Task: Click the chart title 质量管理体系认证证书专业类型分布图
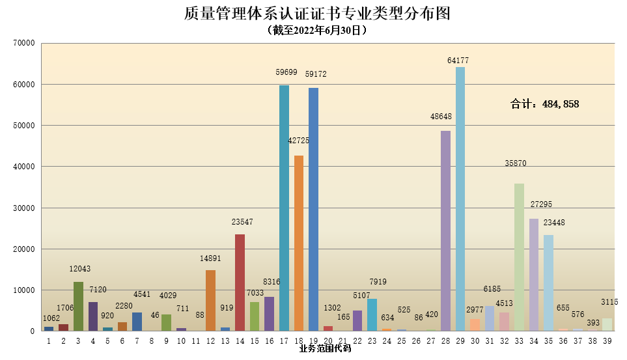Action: (x=317, y=14)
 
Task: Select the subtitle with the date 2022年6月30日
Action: (x=316, y=30)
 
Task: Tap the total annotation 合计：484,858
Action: (x=544, y=104)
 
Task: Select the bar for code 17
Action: (x=284, y=208)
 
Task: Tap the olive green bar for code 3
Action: (x=78, y=306)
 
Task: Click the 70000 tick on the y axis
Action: (x=23, y=44)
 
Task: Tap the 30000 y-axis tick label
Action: (x=23, y=208)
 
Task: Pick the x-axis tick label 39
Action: (x=607, y=340)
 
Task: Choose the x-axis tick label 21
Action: (x=342, y=340)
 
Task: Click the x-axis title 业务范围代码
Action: (x=325, y=349)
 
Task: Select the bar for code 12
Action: (x=210, y=300)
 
